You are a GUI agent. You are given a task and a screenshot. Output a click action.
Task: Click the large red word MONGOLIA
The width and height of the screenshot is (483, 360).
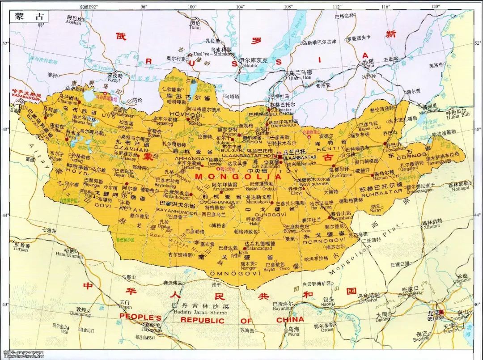(238, 177)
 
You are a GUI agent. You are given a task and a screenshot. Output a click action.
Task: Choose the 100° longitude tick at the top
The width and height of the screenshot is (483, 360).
(192, 7)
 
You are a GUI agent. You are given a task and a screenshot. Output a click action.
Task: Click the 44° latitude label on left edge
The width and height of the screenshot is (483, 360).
(6, 216)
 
